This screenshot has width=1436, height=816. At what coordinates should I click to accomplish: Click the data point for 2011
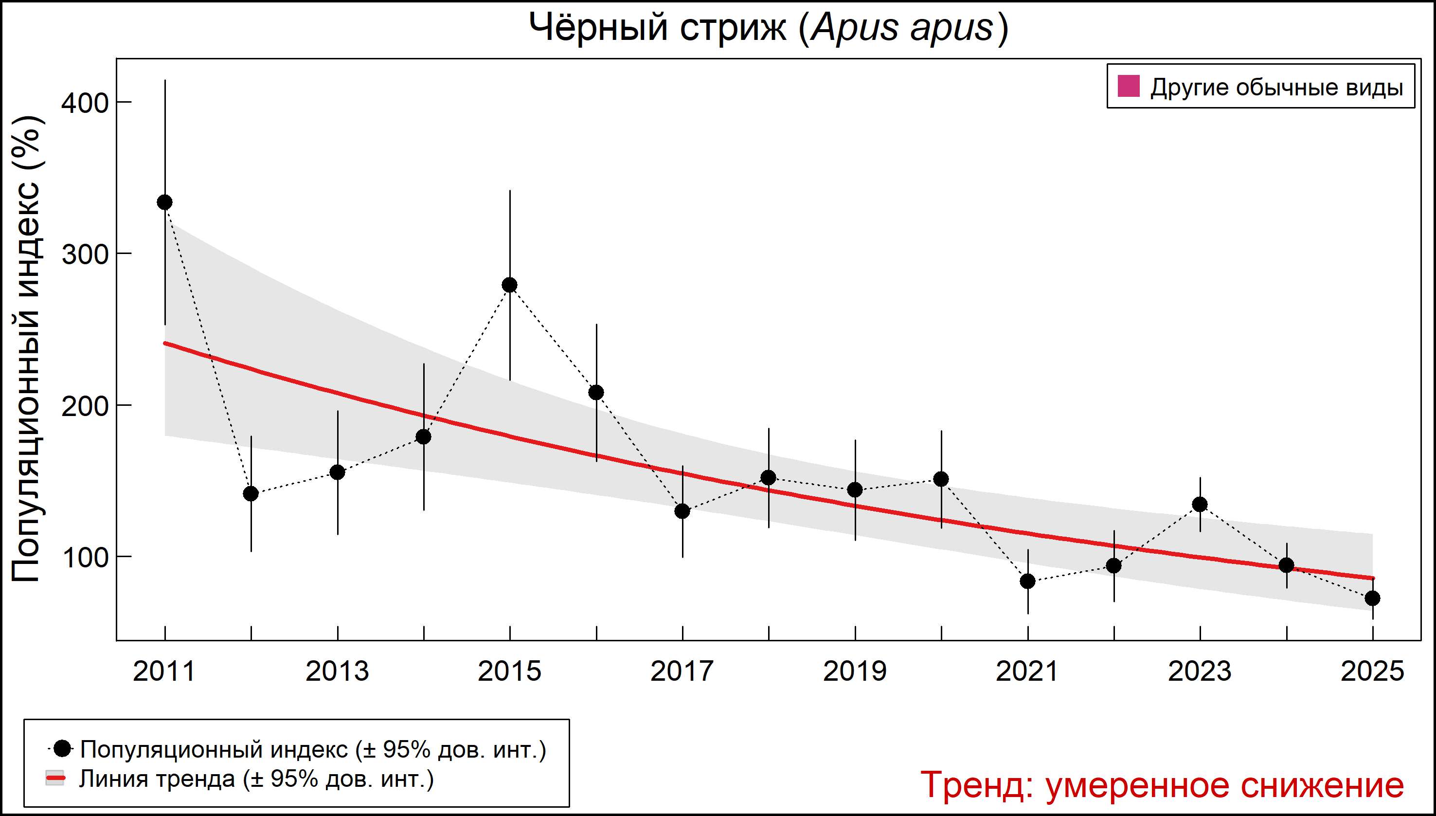point(165,202)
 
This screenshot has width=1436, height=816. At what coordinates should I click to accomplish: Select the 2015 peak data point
point(510,285)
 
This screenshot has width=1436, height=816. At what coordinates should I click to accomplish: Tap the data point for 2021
point(1027,581)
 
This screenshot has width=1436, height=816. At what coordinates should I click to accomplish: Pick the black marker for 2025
point(1373,598)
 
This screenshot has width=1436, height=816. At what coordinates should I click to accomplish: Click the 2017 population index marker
point(682,511)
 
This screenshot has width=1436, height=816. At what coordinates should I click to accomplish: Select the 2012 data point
point(251,494)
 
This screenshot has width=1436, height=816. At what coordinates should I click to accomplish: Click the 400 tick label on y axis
point(85,103)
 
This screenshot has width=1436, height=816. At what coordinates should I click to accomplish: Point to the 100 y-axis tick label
point(85,558)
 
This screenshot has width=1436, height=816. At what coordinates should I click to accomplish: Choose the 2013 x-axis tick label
point(337,671)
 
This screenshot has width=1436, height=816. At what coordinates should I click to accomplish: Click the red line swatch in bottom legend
point(55,779)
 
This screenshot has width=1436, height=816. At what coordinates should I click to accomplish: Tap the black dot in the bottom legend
point(63,748)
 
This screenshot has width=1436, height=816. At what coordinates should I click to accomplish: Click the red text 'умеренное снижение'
point(1225,784)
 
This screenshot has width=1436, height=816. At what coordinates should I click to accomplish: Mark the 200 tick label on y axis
point(85,406)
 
